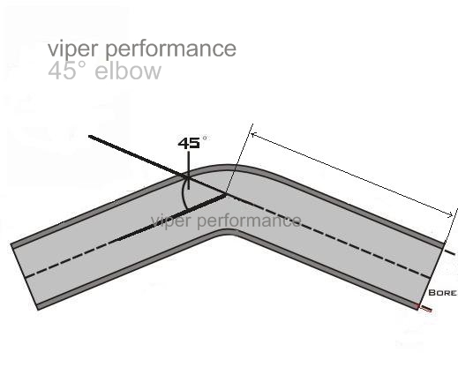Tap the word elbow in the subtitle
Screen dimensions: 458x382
pyautogui.click(x=128, y=71)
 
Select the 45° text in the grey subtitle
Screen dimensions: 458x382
pyautogui.click(x=66, y=71)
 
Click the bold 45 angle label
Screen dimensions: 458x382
pyautogui.click(x=189, y=143)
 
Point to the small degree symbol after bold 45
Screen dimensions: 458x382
pyautogui.click(x=205, y=138)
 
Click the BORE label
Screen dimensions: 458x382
pyautogui.click(x=442, y=293)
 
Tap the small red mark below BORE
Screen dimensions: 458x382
pyautogui.click(x=424, y=308)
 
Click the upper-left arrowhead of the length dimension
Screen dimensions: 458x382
pyautogui.click(x=253, y=135)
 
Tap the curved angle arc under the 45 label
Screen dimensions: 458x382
pyautogui.click(x=183, y=194)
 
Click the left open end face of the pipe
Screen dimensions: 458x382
pyautogui.click(x=25, y=276)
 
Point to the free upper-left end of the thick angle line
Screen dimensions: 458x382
pyautogui.click(x=89, y=136)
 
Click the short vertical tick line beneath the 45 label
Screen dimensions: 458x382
pyautogui.click(x=188, y=170)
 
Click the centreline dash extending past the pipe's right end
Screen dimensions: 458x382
pyautogui.click(x=451, y=252)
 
